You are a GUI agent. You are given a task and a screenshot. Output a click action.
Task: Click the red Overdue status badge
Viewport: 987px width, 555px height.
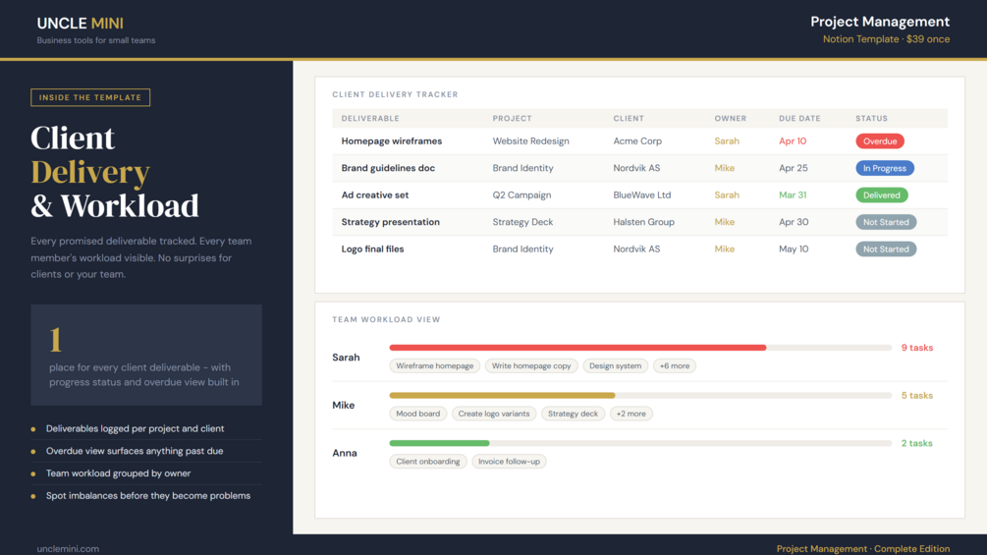click(x=879, y=140)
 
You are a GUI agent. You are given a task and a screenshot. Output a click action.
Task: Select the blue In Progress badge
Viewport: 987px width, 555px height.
click(x=885, y=168)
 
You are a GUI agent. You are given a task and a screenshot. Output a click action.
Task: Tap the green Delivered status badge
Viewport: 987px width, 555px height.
click(x=881, y=195)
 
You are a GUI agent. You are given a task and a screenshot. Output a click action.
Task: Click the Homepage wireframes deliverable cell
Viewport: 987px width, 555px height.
click(x=392, y=140)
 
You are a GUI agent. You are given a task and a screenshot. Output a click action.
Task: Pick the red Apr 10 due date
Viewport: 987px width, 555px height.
click(x=793, y=140)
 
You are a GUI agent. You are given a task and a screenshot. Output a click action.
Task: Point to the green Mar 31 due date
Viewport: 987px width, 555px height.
click(x=793, y=195)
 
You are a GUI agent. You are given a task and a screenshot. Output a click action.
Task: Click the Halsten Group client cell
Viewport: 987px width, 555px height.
click(x=643, y=222)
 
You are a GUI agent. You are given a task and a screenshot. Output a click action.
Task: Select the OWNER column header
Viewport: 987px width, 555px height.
click(x=730, y=118)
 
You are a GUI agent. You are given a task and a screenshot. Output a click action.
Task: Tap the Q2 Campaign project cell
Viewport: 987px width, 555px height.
click(x=521, y=195)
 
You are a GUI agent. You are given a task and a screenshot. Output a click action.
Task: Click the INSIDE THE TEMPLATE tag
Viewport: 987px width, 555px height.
click(x=90, y=97)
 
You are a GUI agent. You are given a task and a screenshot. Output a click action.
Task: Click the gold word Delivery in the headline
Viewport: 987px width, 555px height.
click(x=90, y=172)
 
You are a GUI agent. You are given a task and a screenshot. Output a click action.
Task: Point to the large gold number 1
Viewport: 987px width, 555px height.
click(x=55, y=340)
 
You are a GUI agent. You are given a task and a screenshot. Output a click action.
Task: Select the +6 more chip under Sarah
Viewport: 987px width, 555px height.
click(x=674, y=365)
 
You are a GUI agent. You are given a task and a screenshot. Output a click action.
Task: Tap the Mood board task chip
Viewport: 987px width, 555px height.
click(x=418, y=414)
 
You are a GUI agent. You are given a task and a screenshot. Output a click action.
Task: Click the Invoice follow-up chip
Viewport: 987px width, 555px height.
click(x=509, y=462)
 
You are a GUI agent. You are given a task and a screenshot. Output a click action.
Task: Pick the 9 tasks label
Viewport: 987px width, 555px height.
click(x=917, y=348)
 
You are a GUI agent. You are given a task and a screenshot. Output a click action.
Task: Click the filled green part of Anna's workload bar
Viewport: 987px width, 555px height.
click(x=439, y=443)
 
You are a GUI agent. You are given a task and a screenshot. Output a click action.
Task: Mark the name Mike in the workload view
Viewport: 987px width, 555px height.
click(x=343, y=406)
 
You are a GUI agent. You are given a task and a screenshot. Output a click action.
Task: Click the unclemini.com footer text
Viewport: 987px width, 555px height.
click(x=68, y=549)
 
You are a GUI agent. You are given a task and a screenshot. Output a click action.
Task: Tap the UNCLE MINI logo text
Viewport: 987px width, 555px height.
click(x=80, y=24)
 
